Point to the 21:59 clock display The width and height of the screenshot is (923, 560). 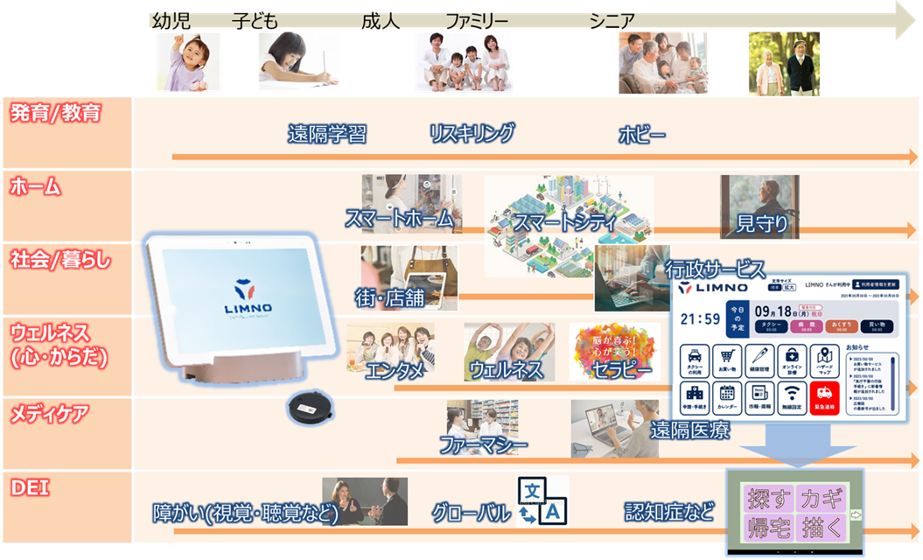tap(700, 319)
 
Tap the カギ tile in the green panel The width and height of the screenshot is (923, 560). tap(822, 499)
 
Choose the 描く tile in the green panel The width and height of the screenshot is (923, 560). tap(822, 528)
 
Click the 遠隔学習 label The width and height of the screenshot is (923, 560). tap(326, 134)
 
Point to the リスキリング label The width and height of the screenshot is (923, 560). tap(472, 133)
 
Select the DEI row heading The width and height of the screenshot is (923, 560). tap(29, 487)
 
